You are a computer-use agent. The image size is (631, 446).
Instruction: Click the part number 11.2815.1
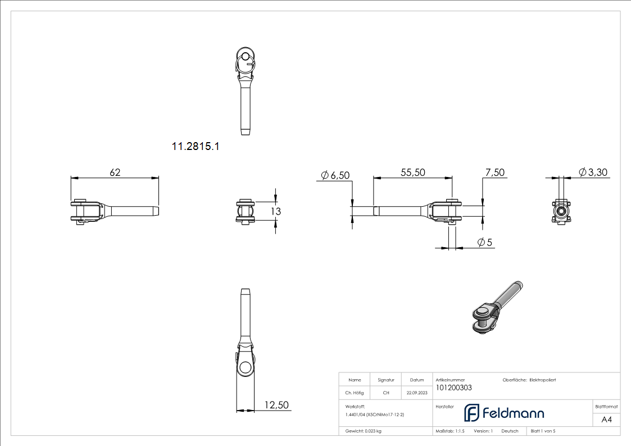(x=195, y=147)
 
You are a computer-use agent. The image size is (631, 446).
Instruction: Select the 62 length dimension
(x=115, y=172)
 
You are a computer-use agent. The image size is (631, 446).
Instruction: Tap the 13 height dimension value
(x=275, y=211)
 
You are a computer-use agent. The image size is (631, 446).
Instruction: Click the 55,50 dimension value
(x=412, y=172)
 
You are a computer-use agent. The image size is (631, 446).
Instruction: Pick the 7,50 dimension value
(x=494, y=172)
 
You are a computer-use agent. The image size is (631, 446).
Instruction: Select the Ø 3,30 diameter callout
(x=593, y=172)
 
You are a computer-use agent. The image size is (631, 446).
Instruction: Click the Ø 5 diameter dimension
(x=485, y=242)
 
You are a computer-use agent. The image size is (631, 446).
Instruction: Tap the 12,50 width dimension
(x=276, y=405)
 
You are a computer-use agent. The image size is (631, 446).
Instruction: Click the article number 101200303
(x=453, y=388)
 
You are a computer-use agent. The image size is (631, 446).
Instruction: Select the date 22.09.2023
(x=417, y=393)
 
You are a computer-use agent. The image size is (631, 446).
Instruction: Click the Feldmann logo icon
(x=471, y=413)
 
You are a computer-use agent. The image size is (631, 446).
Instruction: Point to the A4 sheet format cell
(x=606, y=420)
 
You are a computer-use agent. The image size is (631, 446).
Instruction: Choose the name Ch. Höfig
(x=355, y=393)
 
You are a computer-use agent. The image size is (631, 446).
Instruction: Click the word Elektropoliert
(x=542, y=380)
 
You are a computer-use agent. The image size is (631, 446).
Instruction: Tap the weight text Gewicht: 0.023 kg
(x=364, y=431)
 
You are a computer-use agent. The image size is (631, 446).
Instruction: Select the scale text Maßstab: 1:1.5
(x=450, y=431)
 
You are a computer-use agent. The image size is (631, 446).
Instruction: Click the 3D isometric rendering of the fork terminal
(x=495, y=308)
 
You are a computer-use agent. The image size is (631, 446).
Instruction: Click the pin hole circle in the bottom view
(x=245, y=368)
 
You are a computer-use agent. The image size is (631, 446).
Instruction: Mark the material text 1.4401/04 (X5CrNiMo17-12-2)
(x=375, y=414)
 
